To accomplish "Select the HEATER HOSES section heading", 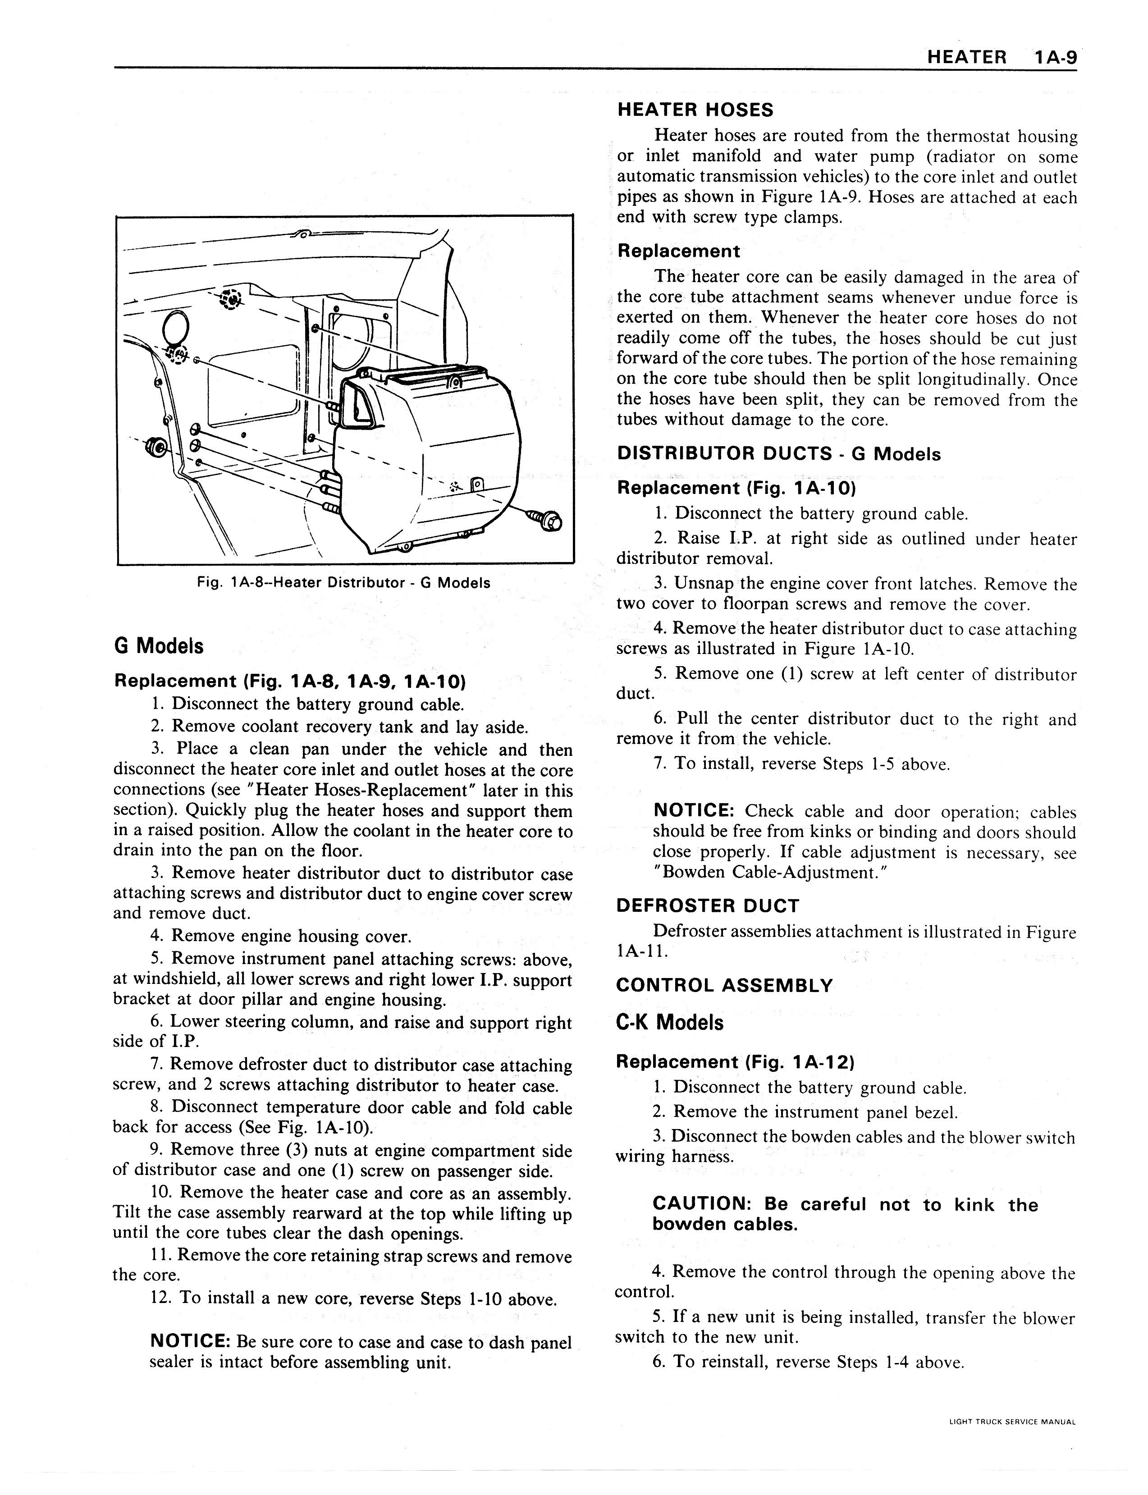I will coord(695,110).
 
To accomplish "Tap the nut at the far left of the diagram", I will coord(156,448).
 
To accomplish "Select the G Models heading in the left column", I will coord(159,646).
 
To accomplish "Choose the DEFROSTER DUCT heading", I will coord(707,906).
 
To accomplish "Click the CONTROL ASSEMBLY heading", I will coord(724,985).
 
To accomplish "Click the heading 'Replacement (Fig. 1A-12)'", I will coord(735,1062).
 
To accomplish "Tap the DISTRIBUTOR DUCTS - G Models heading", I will coord(778,454).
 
